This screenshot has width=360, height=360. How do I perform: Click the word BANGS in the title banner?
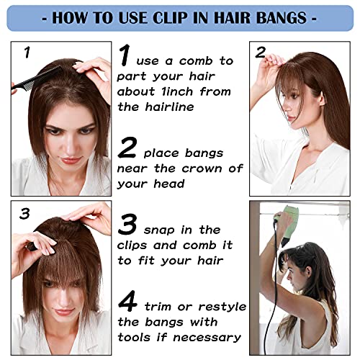[282, 18]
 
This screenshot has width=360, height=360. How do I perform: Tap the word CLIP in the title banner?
[170, 18]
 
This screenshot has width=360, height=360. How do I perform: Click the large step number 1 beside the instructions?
[125, 55]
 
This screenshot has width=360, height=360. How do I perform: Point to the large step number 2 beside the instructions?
[127, 147]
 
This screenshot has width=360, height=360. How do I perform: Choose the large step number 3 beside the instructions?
[127, 224]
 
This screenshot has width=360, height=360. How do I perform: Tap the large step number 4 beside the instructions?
[127, 301]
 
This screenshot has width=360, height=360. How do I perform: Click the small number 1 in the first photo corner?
[27, 53]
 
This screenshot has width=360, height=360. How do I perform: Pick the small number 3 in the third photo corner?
[24, 214]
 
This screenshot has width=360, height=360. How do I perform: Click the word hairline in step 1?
[169, 107]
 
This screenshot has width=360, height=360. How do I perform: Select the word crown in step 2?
[202, 168]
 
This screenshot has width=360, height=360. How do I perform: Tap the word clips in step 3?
[132, 246]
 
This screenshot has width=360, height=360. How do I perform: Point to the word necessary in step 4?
[207, 338]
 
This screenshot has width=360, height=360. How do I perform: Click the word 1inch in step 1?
[177, 91]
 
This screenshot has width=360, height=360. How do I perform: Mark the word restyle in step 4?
[222, 307]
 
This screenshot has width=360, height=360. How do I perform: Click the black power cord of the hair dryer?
[274, 288]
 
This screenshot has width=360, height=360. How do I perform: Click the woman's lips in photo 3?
[63, 312]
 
